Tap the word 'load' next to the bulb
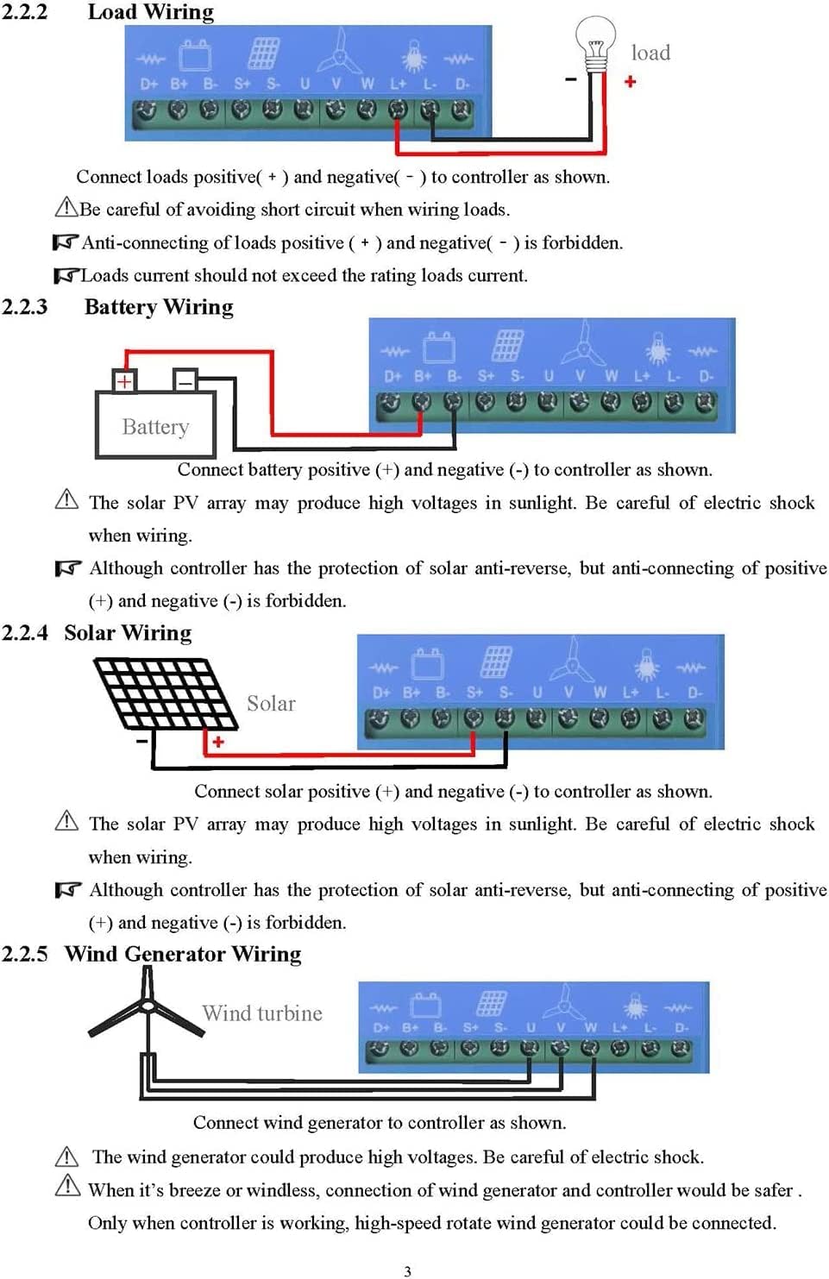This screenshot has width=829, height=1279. pos(650,53)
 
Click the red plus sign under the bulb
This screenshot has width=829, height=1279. pos(630,81)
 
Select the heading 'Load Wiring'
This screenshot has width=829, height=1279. pos(151,12)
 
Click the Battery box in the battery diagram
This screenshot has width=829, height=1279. pos(155,426)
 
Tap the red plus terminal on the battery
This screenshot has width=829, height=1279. pos(124,381)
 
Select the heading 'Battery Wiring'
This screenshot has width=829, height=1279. pos(159,308)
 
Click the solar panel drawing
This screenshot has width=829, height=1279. pos(164,693)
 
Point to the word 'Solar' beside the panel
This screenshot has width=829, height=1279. pos(271,704)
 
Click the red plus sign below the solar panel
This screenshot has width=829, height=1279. pos(218,742)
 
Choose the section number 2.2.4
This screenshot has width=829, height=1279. pos(24,633)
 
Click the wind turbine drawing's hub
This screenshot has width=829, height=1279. pos(148,1006)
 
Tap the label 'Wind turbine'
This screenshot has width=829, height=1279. pos(262,1013)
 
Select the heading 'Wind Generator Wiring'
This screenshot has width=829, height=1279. pos(183,954)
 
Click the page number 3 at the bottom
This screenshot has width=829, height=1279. pos(407,1270)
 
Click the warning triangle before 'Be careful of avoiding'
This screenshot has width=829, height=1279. pos(66,207)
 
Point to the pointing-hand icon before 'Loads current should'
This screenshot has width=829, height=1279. pos(66,275)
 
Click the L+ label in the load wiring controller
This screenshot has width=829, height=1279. pos(398,84)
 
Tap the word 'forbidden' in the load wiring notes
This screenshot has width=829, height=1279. pos(581,243)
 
